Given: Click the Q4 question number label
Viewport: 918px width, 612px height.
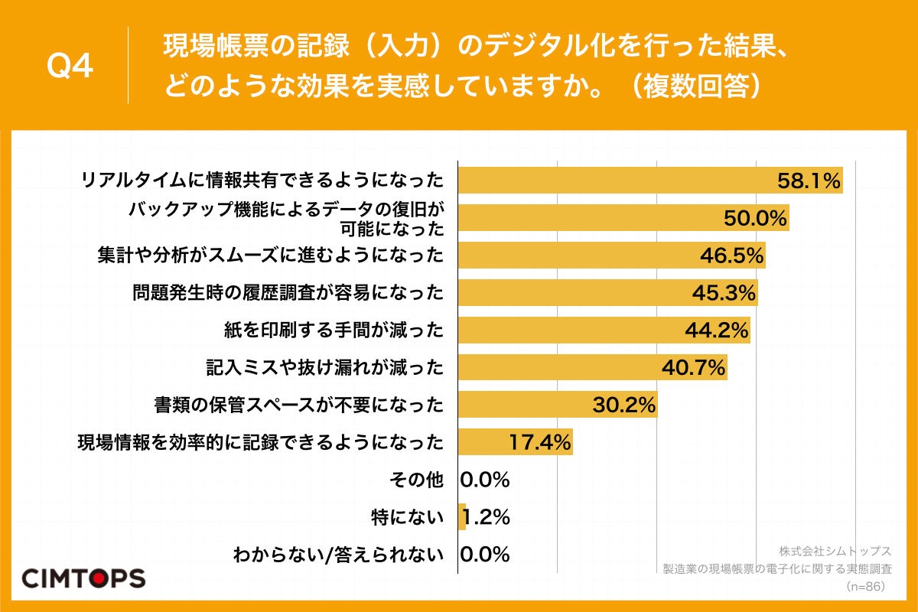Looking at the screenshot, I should [x=70, y=67].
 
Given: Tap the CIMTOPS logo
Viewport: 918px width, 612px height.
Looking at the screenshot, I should [x=83, y=578].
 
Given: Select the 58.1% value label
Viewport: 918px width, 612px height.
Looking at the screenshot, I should [x=809, y=181].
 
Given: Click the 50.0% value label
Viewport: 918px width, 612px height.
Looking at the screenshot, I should [x=755, y=219].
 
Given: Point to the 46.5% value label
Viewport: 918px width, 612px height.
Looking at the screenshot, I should [x=732, y=256].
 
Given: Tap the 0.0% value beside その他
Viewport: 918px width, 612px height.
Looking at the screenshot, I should [x=485, y=480].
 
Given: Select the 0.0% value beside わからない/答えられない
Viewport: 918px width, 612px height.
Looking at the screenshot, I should [x=485, y=555].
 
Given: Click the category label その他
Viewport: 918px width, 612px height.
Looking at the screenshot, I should [x=416, y=480].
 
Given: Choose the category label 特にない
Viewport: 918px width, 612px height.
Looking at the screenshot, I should [x=407, y=517].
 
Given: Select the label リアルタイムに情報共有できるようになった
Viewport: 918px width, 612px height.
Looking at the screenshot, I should [x=262, y=181].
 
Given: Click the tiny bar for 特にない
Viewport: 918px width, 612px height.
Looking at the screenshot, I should [x=462, y=517].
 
